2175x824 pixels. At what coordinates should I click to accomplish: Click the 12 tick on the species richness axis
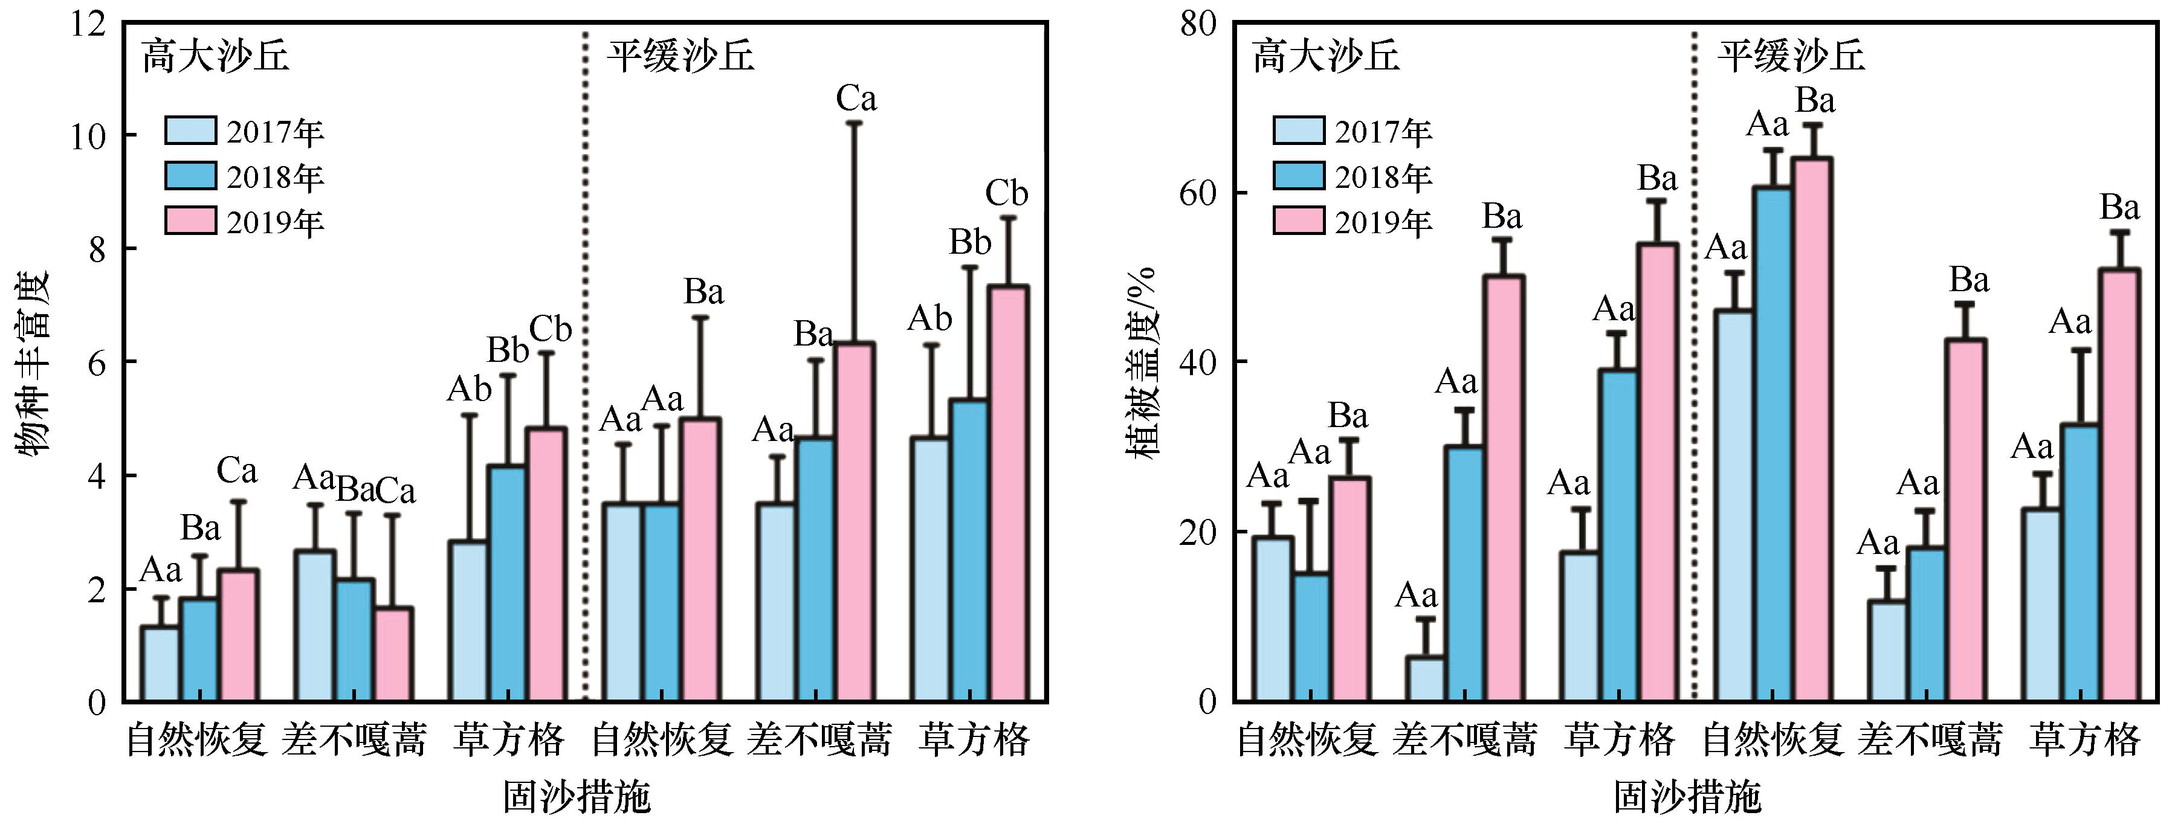click(x=89, y=24)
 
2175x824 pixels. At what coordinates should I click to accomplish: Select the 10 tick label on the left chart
click(x=89, y=137)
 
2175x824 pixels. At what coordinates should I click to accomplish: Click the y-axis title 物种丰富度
click(x=34, y=363)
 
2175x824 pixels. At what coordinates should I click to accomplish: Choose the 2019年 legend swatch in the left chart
click(x=190, y=220)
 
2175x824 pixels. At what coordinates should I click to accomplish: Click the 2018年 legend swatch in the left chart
click(x=190, y=176)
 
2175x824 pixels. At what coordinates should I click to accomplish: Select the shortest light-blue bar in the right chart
click(x=1424, y=679)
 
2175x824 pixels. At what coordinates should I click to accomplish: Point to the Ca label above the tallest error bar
click(x=856, y=99)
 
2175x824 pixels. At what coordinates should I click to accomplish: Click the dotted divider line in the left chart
click(x=584, y=363)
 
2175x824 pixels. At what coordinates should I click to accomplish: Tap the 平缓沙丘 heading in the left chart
click(x=680, y=57)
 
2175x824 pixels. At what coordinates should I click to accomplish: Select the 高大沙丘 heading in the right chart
click(x=1325, y=57)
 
